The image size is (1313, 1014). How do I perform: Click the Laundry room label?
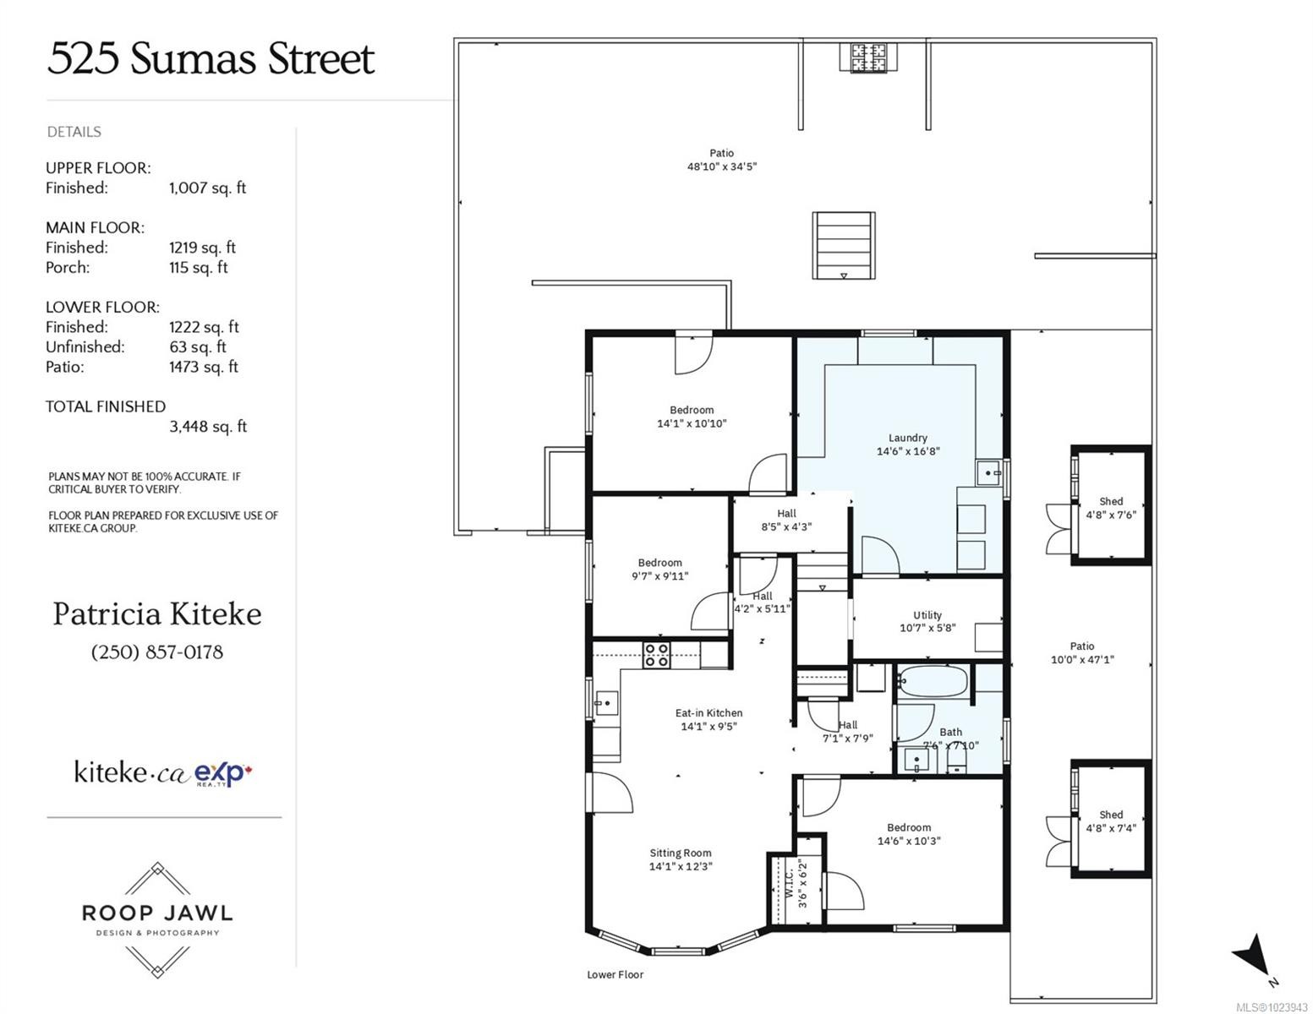pos(908,439)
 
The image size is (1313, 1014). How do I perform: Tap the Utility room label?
pos(927,616)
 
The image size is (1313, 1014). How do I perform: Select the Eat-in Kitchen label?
pos(708,713)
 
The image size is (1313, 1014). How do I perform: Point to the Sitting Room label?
pos(681,853)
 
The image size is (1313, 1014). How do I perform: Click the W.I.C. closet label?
pos(788,884)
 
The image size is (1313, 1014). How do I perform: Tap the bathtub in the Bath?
pos(933,682)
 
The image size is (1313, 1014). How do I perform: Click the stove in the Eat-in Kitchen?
pos(657,655)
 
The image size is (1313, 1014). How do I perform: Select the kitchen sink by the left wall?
pos(605,702)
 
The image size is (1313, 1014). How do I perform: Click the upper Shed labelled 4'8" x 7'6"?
pos(1111,508)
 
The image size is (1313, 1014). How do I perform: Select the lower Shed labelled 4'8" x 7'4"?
pos(1111,821)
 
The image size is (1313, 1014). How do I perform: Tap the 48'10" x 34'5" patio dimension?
pos(722,167)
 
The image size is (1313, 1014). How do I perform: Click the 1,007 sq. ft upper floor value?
pos(207,188)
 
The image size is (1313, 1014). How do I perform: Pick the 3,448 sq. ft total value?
pos(208,427)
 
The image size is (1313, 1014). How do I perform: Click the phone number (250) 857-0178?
pos(157,652)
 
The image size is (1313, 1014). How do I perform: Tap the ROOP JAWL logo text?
pos(157,913)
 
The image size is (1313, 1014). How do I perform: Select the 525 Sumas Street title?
pos(211,59)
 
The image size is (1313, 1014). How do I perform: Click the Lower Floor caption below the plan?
pos(615,975)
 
